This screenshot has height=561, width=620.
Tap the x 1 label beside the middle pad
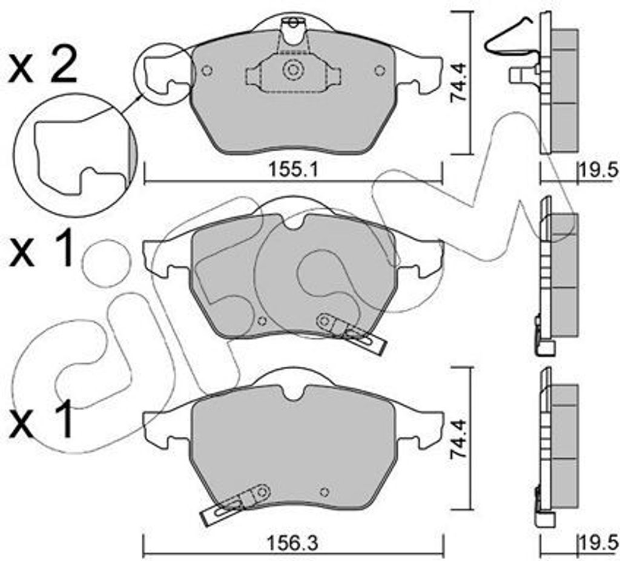tap(41, 249)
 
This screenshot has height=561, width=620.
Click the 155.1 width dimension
tap(293, 171)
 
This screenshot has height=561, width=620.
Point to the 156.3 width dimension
tap(293, 544)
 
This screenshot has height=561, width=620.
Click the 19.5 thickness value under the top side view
tap(599, 171)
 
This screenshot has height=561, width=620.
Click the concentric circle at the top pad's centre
tap(293, 70)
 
